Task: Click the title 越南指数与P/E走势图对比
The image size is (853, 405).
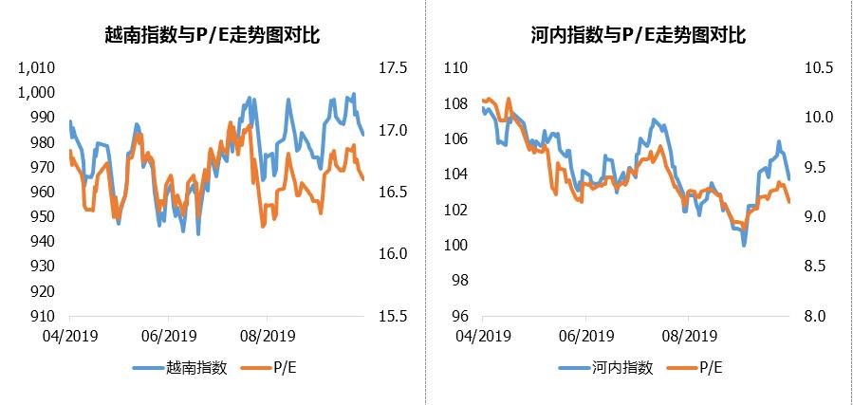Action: click(212, 36)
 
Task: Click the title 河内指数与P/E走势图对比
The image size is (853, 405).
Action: click(638, 36)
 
